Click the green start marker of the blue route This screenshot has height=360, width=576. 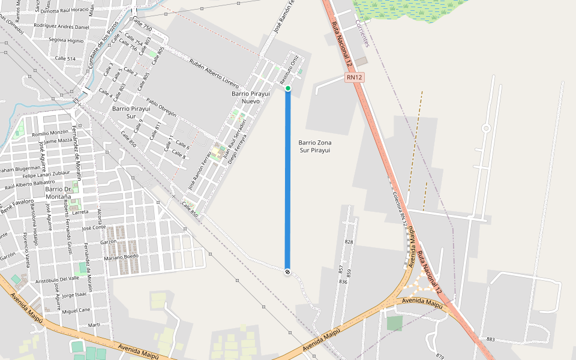288,89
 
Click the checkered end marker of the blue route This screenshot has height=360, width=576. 288,272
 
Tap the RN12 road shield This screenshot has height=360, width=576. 354,77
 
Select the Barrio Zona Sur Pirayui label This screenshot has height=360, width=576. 314,146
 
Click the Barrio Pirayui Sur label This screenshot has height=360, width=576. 131,112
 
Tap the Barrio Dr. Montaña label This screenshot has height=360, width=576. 58,193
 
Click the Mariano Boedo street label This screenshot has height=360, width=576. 121,257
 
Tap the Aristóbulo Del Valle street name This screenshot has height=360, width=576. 58,279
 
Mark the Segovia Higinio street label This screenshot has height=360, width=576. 66,40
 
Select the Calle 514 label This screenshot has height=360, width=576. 65,58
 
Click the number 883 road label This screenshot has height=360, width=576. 491,340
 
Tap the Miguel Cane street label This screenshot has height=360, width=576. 76,310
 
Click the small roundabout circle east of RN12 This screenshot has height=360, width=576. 486,128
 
